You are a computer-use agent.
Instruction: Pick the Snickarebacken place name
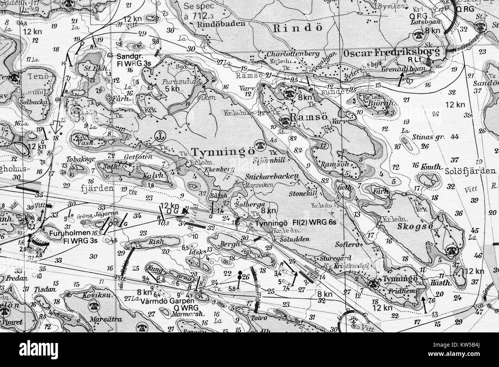click(272, 176)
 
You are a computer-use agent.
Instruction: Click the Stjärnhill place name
click(268, 161)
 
